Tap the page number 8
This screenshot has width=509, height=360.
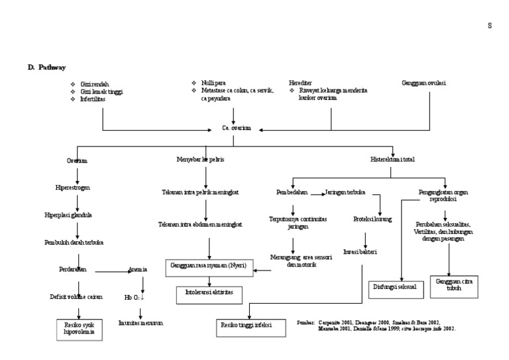(490, 26)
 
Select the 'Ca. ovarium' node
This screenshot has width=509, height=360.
(236, 128)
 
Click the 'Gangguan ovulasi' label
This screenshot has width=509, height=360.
(424, 83)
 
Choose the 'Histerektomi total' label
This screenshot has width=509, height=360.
(392, 159)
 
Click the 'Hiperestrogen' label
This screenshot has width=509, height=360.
(73, 188)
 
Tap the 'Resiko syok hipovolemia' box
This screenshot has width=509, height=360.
(80, 329)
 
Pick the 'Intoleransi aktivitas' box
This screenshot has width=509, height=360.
(209, 292)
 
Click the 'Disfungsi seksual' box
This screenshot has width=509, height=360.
(395, 288)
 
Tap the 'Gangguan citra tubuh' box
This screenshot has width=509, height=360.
(453, 285)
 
